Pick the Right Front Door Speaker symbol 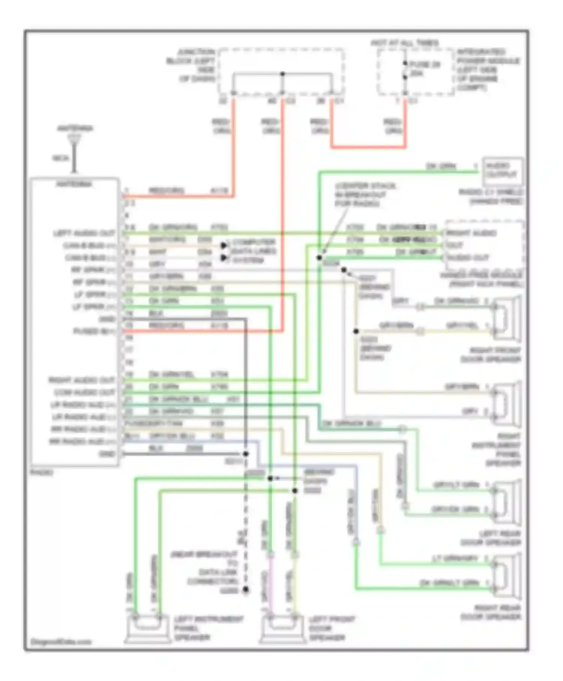point(507,317)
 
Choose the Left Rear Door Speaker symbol point(507,501)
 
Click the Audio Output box point(502,171)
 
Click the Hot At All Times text point(405,43)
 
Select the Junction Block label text point(191,65)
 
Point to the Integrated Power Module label point(488,69)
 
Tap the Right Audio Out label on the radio point(81,380)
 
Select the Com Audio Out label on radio point(84,392)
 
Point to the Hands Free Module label point(482,280)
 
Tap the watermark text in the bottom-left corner point(61,642)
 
